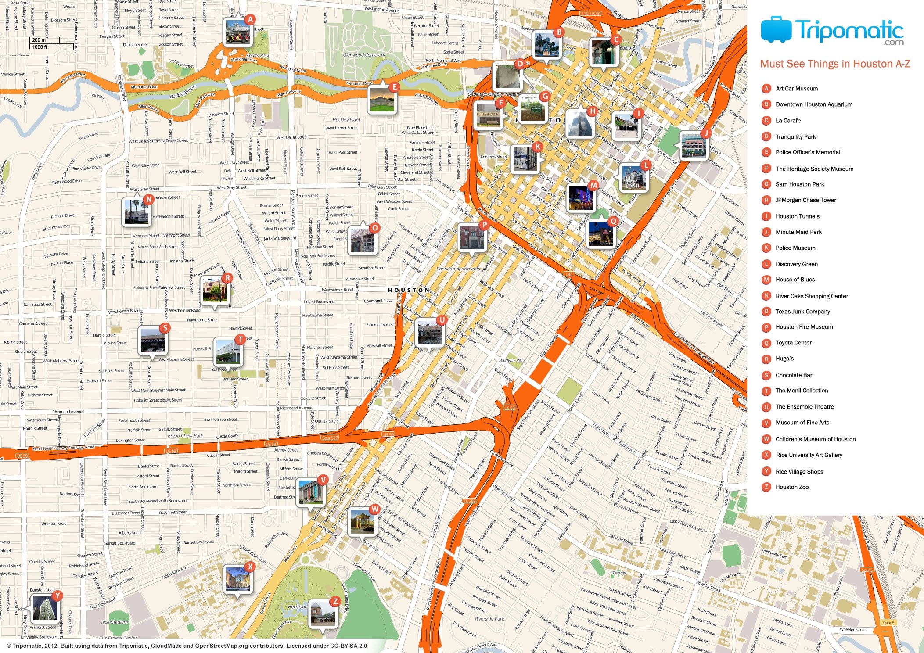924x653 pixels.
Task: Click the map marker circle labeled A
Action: pos(250,19)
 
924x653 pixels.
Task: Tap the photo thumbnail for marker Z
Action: pos(323,613)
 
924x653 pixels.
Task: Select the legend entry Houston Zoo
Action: pos(791,487)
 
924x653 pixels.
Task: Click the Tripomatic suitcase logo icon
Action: pos(776,30)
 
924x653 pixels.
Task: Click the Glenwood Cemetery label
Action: pos(364,55)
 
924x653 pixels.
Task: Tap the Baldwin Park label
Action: pos(512,360)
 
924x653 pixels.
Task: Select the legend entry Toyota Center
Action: pos(793,343)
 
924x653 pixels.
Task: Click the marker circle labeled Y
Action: pos(57,596)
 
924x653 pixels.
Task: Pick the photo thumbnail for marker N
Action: pos(137,212)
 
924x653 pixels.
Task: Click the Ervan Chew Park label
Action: pos(186,436)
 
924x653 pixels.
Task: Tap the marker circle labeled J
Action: pos(705,133)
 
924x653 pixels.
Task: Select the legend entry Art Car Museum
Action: pos(796,89)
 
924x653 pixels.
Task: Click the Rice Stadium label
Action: pos(115,622)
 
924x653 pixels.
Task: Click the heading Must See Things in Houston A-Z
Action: pos(835,64)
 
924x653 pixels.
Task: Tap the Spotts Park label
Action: pos(258,56)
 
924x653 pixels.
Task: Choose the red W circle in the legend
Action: pos(766,439)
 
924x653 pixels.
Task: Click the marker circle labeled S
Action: pos(165,328)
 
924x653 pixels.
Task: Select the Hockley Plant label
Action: pos(346,119)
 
